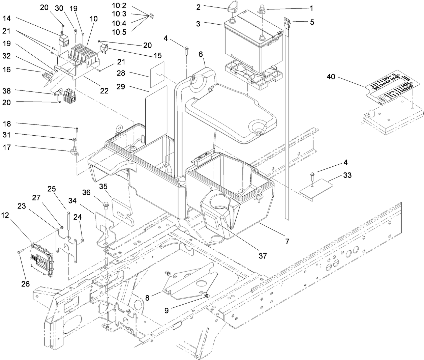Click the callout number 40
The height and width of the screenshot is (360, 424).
[331, 77]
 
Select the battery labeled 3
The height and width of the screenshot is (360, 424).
[251, 40]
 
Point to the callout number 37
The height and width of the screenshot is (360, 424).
[263, 256]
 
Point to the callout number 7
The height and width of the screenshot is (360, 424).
[287, 241]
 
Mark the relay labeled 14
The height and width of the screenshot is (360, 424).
[64, 40]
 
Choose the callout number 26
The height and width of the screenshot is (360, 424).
[26, 284]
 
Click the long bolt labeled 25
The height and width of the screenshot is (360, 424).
[68, 224]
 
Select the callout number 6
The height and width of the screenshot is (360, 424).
[201, 54]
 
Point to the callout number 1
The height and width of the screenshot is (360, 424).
[311, 7]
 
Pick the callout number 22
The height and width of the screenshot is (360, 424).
[104, 90]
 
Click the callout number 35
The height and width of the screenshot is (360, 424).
[103, 186]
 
